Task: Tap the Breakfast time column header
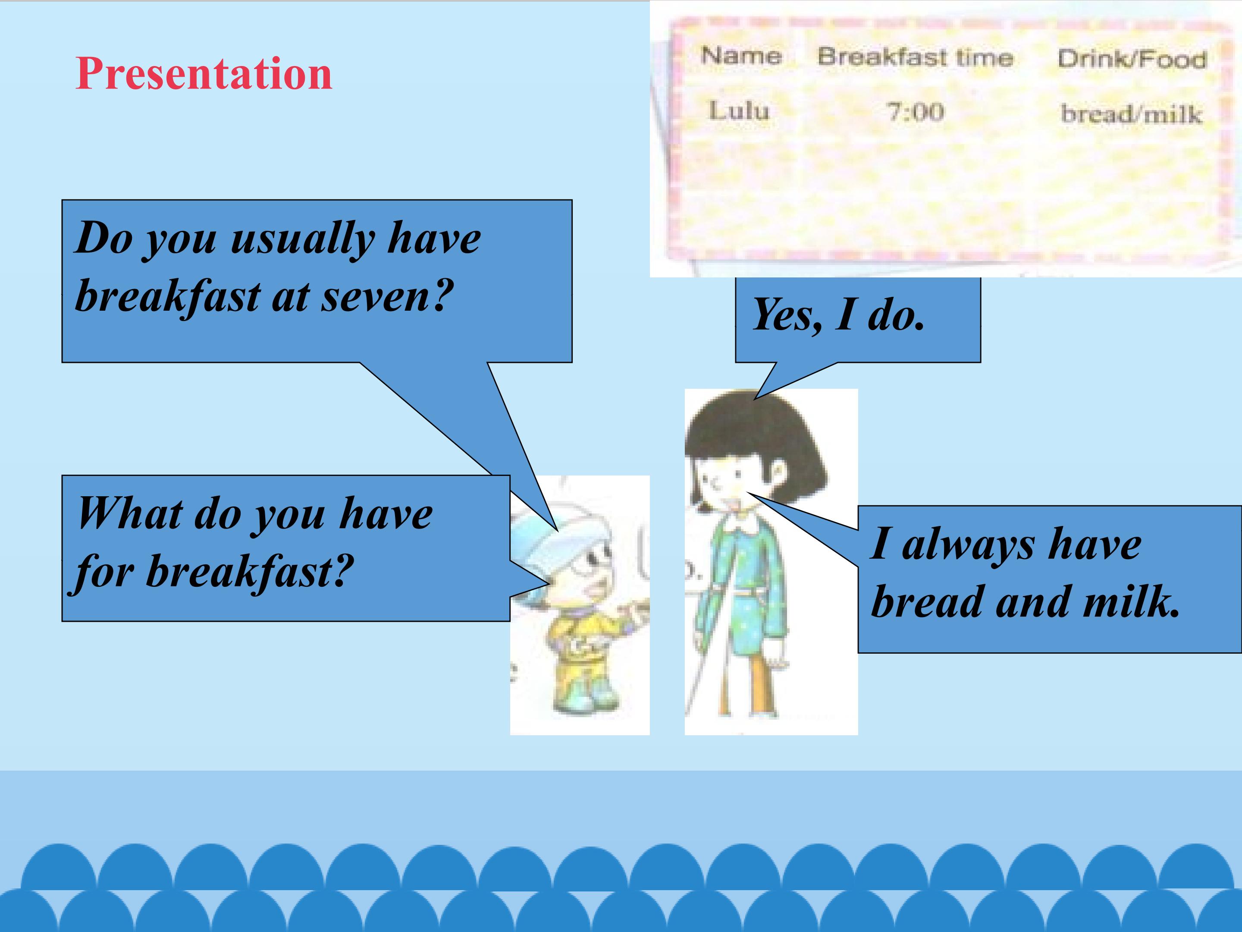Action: pyautogui.click(x=915, y=57)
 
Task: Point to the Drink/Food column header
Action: pyautogui.click(x=1132, y=59)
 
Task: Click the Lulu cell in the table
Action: pyautogui.click(x=738, y=110)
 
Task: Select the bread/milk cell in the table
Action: pyautogui.click(x=1131, y=114)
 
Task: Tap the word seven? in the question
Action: pyautogui.click(x=387, y=296)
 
